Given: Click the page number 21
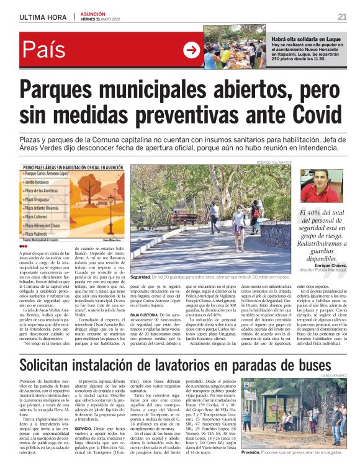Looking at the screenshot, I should (x=342, y=16).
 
